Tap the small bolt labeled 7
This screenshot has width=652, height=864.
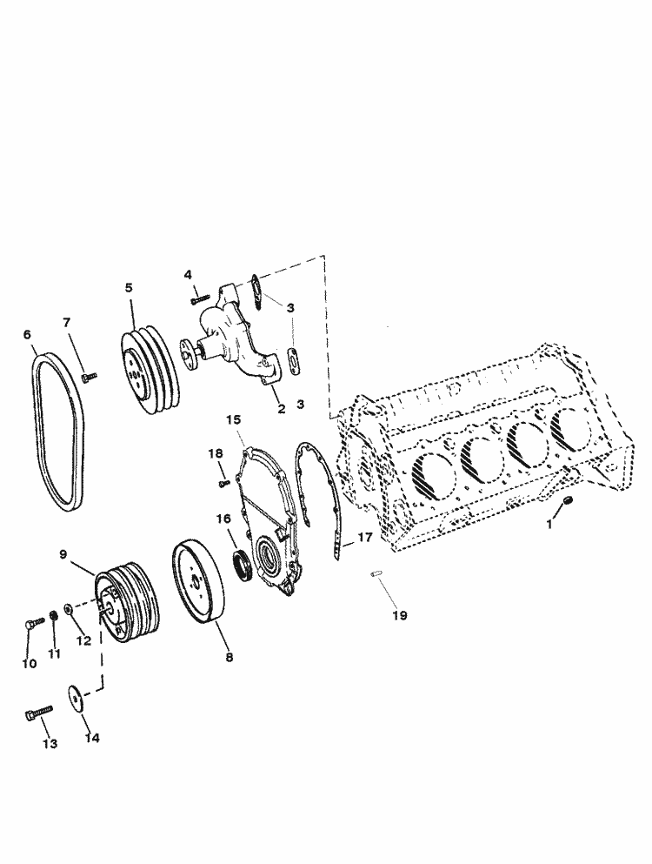(89, 376)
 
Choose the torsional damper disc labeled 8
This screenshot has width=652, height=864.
(201, 581)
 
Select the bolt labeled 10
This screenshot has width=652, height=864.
(33, 623)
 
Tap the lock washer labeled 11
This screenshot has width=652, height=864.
(55, 616)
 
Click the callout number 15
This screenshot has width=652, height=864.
(233, 420)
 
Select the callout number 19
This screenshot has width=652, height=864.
(398, 615)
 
